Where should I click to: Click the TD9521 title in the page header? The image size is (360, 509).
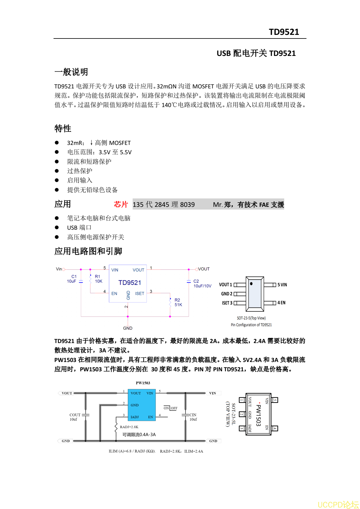pos(284,32)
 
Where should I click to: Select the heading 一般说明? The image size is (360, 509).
pos(71,72)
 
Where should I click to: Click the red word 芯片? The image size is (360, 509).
pos(121,204)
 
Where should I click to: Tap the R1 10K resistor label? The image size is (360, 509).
pos(98,279)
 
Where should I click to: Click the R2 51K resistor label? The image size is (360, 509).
pos(178,302)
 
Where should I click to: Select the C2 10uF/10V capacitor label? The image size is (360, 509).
pos(202,284)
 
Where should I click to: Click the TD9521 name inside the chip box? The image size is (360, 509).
pos(130,283)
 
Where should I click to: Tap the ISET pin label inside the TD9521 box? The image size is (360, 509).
pos(140,293)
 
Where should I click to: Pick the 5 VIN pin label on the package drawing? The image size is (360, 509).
pos(282,285)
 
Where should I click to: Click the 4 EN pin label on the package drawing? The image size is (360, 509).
pos(282,303)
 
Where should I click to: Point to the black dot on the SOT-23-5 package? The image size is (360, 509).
pos(251,284)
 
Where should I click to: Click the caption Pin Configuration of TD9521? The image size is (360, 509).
pos(251,325)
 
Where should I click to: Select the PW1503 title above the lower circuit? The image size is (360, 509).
pos(143,383)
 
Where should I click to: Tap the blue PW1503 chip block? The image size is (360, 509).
pos(142,405)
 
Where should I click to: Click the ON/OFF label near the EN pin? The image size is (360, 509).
pos(171,408)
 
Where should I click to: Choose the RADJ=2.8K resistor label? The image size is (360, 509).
pos(129,427)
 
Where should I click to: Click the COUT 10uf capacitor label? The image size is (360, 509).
pos(75,417)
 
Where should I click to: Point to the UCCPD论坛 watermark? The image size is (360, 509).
pos(338,504)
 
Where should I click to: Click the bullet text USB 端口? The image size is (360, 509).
pos(79,228)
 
